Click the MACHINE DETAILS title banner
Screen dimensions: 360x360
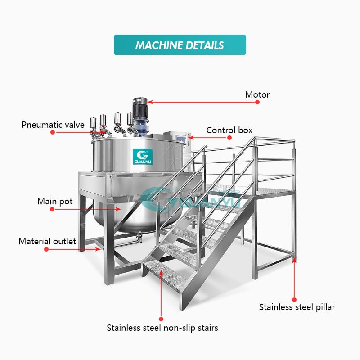click(x=180, y=45)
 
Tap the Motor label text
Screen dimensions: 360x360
click(x=257, y=94)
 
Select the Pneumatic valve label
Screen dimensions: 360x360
click(x=53, y=125)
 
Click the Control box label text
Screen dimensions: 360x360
click(x=229, y=130)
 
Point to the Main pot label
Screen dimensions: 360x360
click(x=55, y=201)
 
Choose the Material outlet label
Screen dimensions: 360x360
click(x=47, y=241)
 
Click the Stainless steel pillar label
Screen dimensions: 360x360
click(x=297, y=307)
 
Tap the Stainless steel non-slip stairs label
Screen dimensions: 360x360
click(x=162, y=328)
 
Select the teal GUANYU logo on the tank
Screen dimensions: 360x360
click(x=143, y=157)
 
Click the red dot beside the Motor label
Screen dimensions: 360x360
click(x=257, y=102)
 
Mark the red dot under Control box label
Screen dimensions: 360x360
click(x=229, y=138)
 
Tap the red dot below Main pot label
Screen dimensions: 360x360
click(x=52, y=209)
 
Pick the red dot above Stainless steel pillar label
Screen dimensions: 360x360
click(x=294, y=299)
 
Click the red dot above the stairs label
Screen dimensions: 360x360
click(x=161, y=319)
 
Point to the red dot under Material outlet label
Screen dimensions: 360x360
click(x=46, y=249)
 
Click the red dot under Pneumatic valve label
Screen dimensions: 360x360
click(x=53, y=132)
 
